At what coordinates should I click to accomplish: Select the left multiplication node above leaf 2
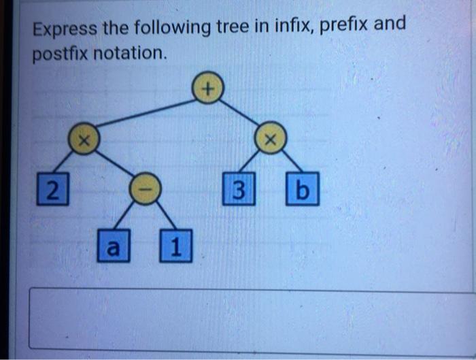click(82, 141)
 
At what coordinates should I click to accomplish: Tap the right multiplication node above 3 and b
click(270, 142)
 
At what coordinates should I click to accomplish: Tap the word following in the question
click(169, 29)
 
